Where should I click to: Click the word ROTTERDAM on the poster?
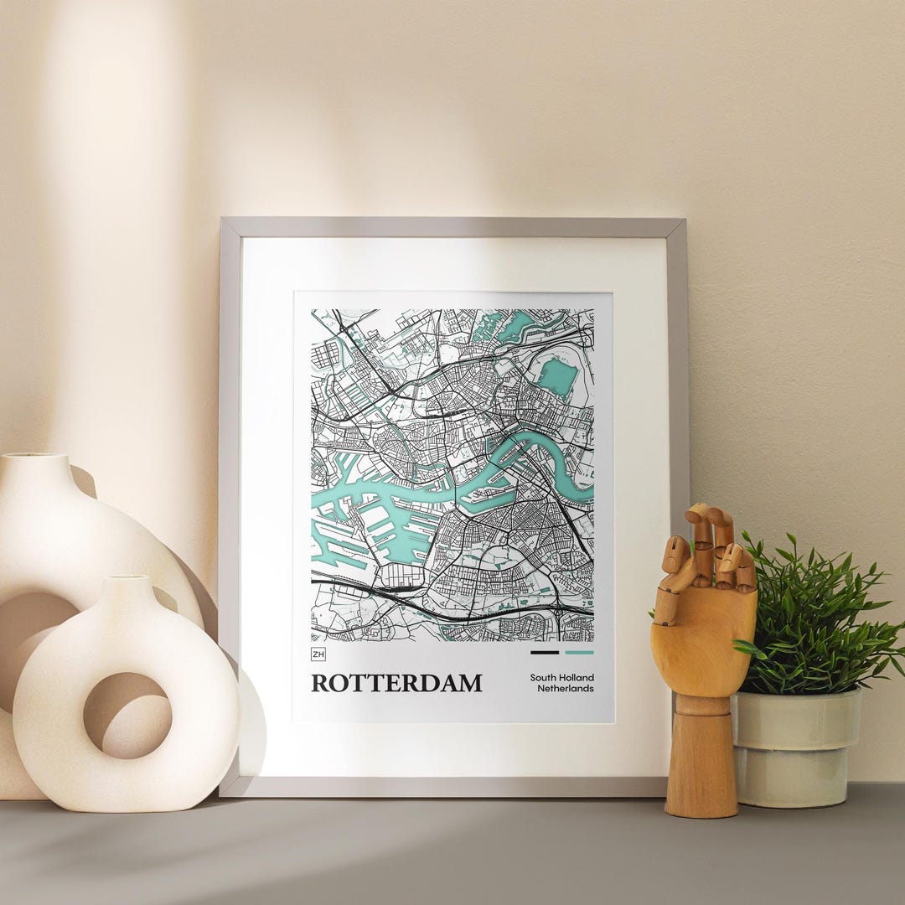[x=396, y=683]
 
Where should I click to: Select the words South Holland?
[x=561, y=677]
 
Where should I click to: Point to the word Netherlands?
[x=566, y=689]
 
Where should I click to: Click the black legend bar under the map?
[x=544, y=652]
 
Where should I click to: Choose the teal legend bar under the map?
[x=579, y=652]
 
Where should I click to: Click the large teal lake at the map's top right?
[x=557, y=377]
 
